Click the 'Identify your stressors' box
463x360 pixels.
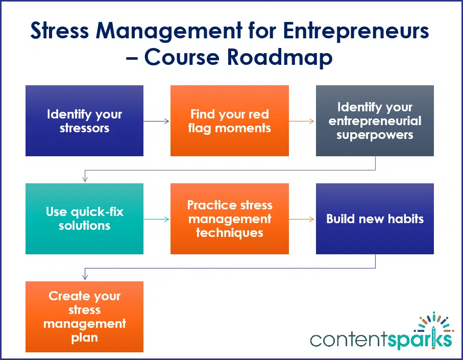(84, 121)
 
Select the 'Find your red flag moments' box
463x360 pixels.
(229, 121)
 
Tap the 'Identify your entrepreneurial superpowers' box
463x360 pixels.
(375, 121)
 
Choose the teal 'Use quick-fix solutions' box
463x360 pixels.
(84, 219)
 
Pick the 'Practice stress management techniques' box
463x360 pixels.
(229, 219)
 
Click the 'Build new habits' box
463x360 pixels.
(375, 219)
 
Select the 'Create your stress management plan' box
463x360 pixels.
(84, 317)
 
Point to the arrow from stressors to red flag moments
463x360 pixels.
(157, 121)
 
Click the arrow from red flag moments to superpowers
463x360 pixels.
(302, 121)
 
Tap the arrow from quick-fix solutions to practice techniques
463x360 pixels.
(157, 219)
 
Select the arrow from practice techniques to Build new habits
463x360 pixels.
(302, 219)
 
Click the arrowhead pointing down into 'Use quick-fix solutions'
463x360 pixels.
(85, 179)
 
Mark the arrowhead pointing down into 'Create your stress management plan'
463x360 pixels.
(85, 277)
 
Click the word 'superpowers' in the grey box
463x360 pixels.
(375, 135)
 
